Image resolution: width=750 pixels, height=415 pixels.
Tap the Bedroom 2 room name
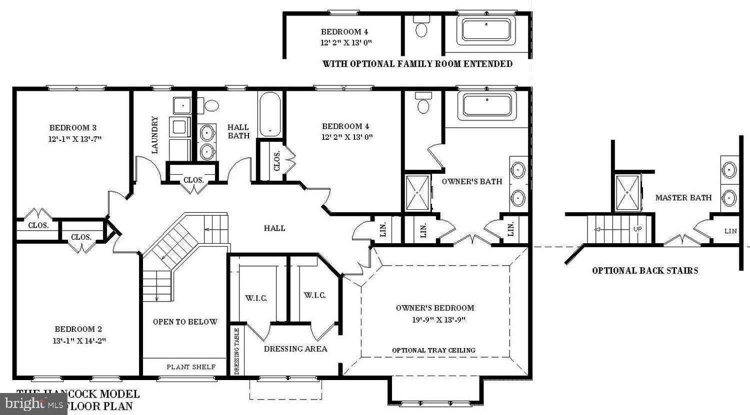[x=78, y=329]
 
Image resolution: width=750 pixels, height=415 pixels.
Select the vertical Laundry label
[x=155, y=135]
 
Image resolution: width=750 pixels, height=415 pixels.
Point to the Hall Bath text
[x=238, y=131]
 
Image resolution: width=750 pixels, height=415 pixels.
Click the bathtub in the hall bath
[x=270, y=114]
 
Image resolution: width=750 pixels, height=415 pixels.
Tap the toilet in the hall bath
[x=211, y=105]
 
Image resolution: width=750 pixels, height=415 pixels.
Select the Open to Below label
[x=185, y=322]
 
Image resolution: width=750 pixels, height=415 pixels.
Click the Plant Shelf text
[x=191, y=367]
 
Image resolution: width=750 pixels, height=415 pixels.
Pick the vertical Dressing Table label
[x=237, y=351]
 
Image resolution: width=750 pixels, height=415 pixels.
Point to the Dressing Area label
[x=295, y=349]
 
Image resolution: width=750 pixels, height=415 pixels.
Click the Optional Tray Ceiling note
[x=433, y=350]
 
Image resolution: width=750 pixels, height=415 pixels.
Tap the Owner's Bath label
[x=471, y=181]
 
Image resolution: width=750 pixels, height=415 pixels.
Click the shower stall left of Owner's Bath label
[x=417, y=193]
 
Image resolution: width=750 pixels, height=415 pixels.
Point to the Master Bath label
[x=683, y=198]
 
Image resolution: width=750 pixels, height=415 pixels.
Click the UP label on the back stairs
[x=637, y=229]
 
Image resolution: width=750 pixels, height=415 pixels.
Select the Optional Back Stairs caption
[x=645, y=271]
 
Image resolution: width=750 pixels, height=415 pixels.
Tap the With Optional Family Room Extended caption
[x=417, y=64]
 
